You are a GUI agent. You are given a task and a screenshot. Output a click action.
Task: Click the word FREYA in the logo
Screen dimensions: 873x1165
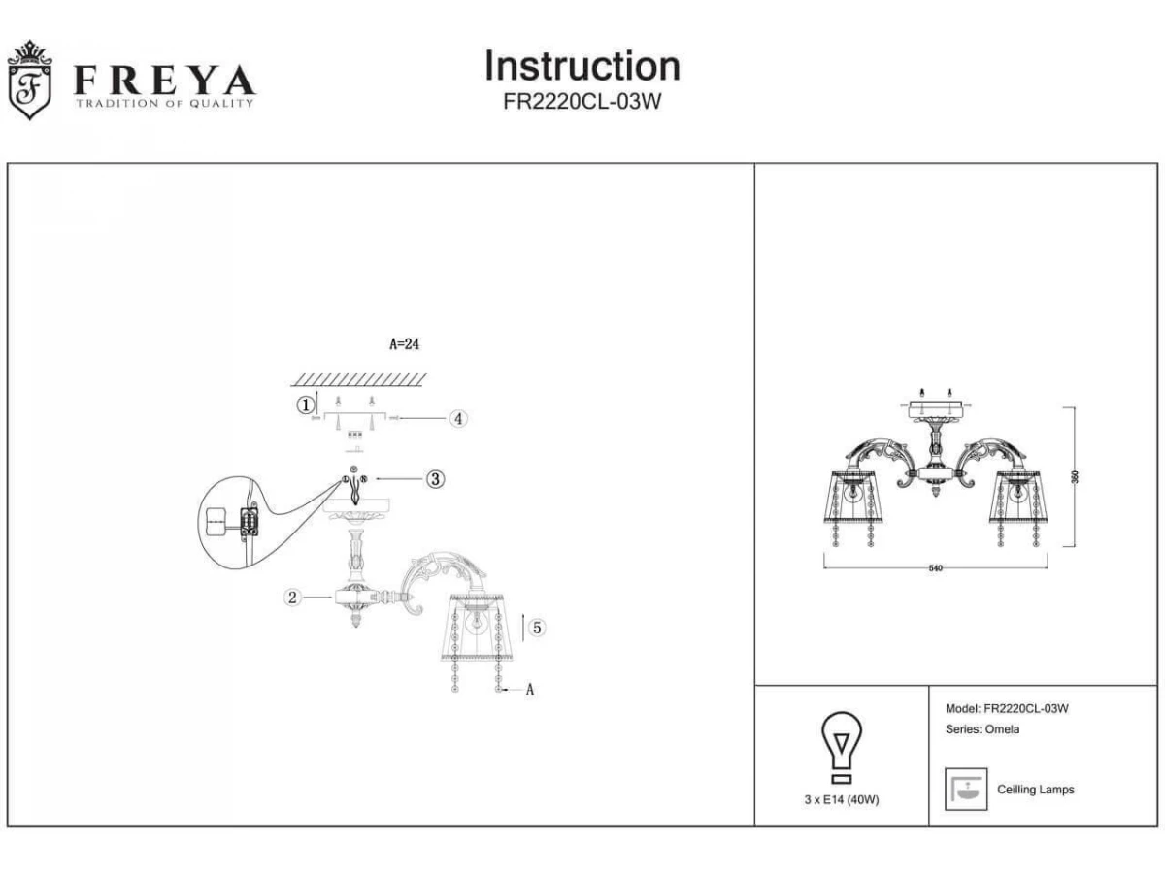click(x=164, y=81)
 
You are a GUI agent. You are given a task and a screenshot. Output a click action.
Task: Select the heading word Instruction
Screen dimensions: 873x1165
click(x=582, y=66)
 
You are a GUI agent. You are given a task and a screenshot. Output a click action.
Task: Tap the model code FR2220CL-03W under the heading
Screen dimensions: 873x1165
click(x=582, y=102)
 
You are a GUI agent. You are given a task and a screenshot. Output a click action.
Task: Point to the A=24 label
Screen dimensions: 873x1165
click(x=404, y=343)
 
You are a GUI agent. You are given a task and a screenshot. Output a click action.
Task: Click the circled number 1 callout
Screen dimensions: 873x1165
click(x=306, y=404)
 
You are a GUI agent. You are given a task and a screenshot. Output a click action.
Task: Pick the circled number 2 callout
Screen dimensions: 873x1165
click(x=292, y=597)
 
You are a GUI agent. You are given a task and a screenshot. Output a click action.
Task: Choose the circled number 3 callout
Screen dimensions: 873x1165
click(x=435, y=478)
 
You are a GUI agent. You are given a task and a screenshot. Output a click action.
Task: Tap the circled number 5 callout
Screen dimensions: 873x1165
click(x=537, y=628)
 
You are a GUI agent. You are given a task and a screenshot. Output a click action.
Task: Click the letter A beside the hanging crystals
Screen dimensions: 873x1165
click(x=530, y=691)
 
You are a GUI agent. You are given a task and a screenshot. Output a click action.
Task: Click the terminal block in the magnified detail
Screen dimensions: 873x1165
click(x=248, y=523)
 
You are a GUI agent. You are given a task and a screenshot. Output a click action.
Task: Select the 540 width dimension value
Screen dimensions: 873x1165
click(x=935, y=568)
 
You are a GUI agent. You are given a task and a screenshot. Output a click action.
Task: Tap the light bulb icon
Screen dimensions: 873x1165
click(x=842, y=747)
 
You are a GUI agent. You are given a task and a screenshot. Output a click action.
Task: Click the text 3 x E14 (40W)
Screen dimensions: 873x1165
click(x=842, y=799)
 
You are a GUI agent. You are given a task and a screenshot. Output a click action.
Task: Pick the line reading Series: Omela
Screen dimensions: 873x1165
click(x=982, y=729)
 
